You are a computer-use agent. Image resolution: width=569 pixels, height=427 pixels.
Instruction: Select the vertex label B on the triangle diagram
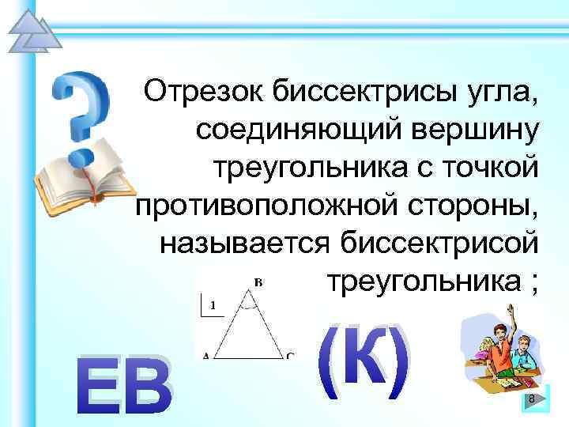[258, 282]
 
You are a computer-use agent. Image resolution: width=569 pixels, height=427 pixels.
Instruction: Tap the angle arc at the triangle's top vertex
[249, 301]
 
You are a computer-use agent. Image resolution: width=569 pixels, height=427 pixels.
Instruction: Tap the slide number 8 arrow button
[531, 399]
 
